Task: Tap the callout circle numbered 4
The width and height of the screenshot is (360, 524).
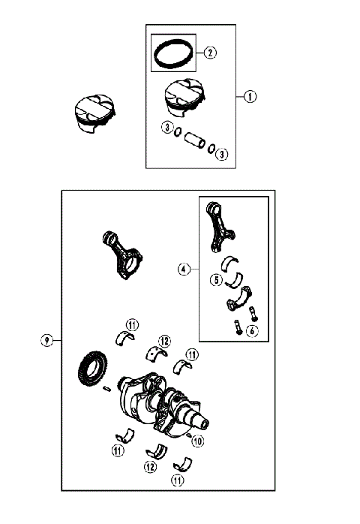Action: [x=184, y=268]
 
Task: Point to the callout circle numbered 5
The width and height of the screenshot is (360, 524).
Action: [x=215, y=281]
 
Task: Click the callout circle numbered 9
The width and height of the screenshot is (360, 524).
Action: [x=46, y=341]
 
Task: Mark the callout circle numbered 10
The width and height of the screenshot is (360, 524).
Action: [x=198, y=441]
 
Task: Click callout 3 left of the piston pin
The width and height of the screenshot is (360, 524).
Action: [x=166, y=128]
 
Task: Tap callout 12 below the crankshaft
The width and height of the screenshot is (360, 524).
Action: [x=150, y=467]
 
